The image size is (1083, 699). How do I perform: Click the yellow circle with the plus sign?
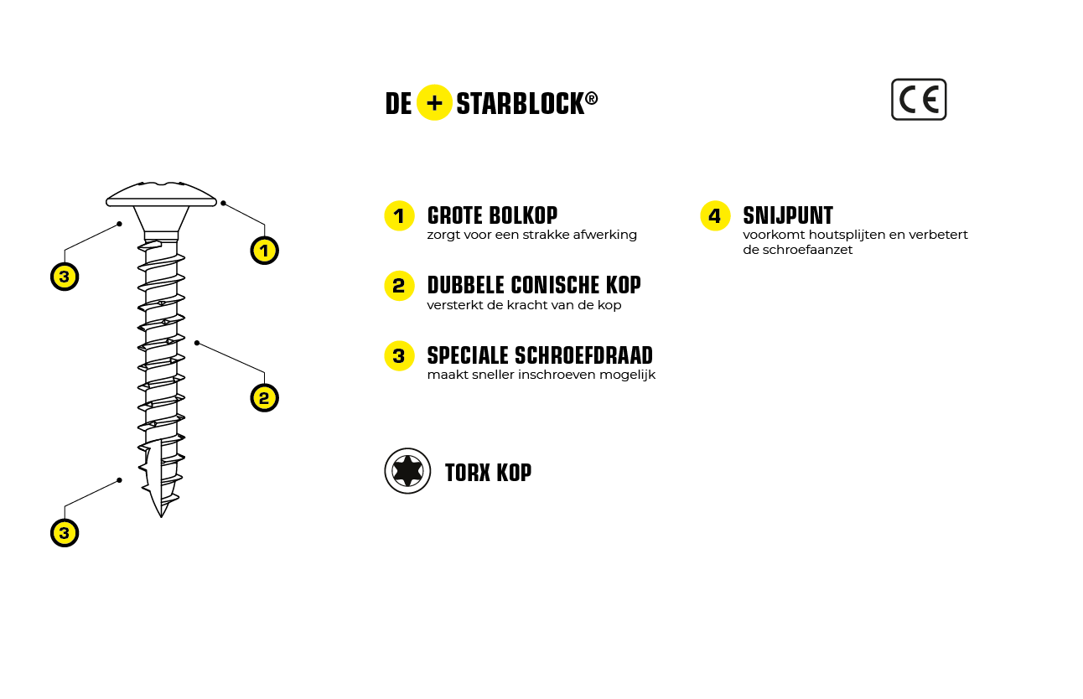(x=434, y=102)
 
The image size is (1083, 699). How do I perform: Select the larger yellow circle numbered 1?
(x=399, y=216)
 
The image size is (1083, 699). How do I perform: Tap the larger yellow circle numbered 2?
(x=399, y=286)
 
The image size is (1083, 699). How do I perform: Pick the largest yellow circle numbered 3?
(x=399, y=356)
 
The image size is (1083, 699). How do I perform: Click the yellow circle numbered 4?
(x=715, y=216)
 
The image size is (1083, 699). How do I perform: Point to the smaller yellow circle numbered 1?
(x=264, y=251)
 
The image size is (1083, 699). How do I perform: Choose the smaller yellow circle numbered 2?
(x=264, y=398)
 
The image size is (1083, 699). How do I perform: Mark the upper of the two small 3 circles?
(x=65, y=277)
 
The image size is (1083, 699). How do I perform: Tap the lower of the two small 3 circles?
(x=65, y=533)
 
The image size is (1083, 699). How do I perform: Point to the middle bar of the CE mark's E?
(x=930, y=101)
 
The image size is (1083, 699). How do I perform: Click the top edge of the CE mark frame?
(x=919, y=80)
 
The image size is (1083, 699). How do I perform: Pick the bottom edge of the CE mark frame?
(x=919, y=119)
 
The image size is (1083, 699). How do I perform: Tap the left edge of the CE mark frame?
(x=892, y=100)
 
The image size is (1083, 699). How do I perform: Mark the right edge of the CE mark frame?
(x=946, y=100)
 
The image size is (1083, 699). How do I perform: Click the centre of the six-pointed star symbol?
(x=407, y=471)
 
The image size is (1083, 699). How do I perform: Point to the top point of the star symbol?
(x=407, y=457)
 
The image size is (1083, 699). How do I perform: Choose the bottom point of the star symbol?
(x=407, y=485)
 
